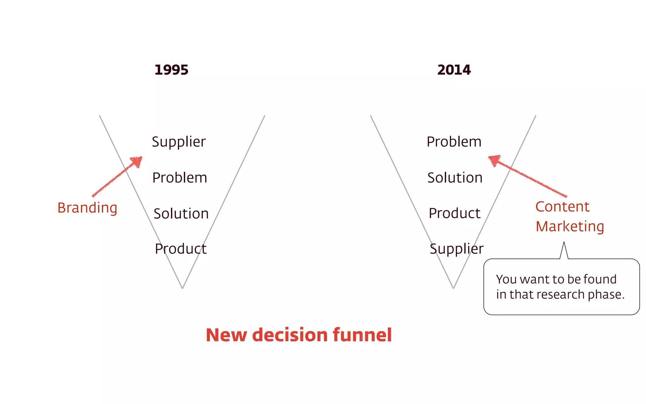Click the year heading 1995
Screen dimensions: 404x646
click(171, 70)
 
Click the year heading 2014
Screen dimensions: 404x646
click(454, 70)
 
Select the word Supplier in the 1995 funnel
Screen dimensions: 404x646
click(179, 142)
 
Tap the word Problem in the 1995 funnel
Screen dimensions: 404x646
click(179, 178)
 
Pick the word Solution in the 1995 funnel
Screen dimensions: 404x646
click(181, 214)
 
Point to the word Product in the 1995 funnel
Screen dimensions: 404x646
click(181, 249)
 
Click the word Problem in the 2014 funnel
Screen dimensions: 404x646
click(454, 142)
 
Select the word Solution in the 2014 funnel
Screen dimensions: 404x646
click(455, 178)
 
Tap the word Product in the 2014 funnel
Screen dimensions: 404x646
click(455, 213)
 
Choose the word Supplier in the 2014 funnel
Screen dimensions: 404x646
click(456, 249)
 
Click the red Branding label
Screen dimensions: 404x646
click(87, 208)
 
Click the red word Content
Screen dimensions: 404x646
click(562, 207)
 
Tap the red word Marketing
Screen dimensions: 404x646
click(570, 227)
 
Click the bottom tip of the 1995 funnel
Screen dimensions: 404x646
click(182, 288)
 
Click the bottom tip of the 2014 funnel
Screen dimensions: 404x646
click(453, 288)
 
